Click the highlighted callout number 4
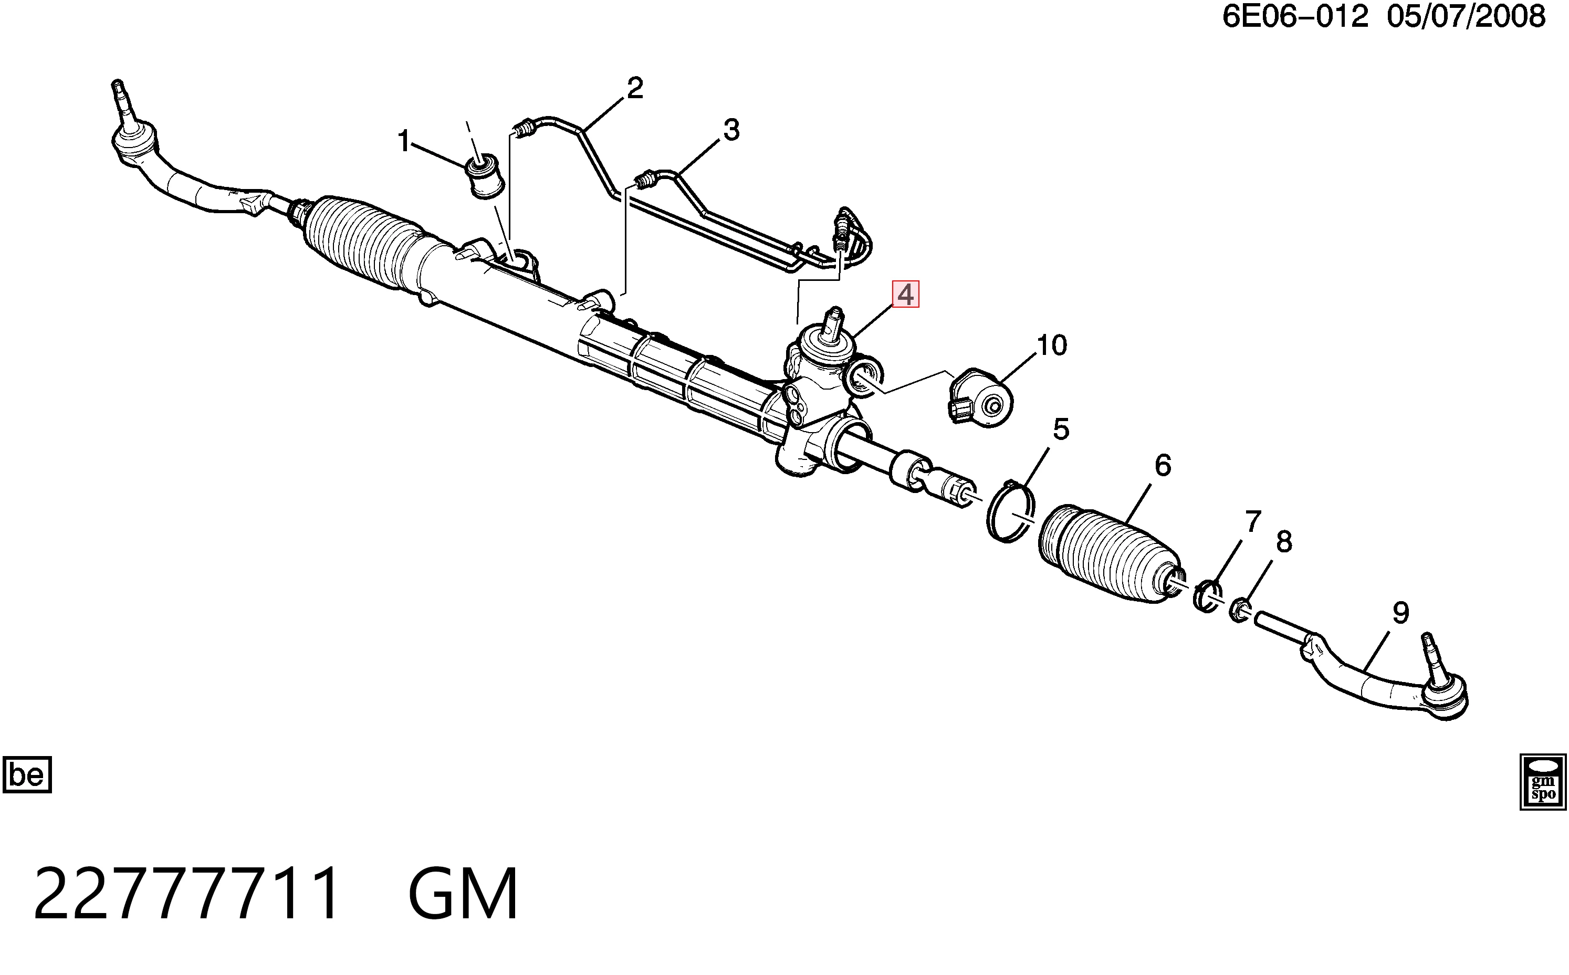(x=905, y=295)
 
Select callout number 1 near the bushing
(x=404, y=141)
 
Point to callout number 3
(x=731, y=130)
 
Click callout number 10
(x=1052, y=345)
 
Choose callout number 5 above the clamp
(x=1061, y=429)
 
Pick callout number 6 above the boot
(x=1163, y=465)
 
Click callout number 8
(x=1284, y=542)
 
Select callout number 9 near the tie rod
(x=1400, y=612)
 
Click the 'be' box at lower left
(x=27, y=774)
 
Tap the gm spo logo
(x=1543, y=782)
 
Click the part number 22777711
(x=186, y=894)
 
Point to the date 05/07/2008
(x=1467, y=16)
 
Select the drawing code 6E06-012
(x=1295, y=16)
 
